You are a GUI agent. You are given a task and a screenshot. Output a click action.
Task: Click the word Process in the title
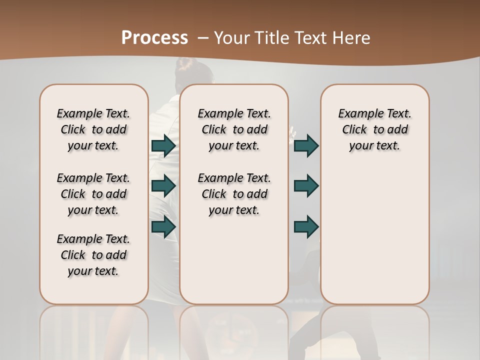click(x=154, y=37)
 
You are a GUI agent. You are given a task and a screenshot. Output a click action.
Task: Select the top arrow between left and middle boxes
click(x=163, y=145)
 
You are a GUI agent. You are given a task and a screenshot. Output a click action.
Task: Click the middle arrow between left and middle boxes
click(x=163, y=186)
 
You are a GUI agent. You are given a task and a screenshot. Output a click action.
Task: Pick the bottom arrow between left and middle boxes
click(x=163, y=226)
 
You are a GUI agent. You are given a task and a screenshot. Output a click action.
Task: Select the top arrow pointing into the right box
click(x=306, y=145)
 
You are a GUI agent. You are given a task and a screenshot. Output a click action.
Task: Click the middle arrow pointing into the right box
click(x=306, y=186)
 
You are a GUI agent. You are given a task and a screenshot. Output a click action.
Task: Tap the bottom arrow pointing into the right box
click(x=306, y=226)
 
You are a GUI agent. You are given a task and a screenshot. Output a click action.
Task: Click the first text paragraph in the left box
click(x=93, y=129)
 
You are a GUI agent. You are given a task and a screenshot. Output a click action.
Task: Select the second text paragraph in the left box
click(x=93, y=194)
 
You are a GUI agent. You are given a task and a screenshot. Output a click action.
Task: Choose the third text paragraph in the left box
click(x=93, y=255)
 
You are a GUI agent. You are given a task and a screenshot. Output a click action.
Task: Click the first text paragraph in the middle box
click(x=234, y=129)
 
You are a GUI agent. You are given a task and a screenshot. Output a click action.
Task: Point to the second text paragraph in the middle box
click(x=234, y=194)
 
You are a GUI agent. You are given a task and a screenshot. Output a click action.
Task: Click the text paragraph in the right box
click(x=374, y=129)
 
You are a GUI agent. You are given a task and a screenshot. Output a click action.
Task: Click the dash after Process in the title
click(x=202, y=38)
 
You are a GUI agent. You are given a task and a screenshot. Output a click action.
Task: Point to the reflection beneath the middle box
click(x=234, y=330)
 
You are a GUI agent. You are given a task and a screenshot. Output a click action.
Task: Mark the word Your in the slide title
click(x=230, y=38)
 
